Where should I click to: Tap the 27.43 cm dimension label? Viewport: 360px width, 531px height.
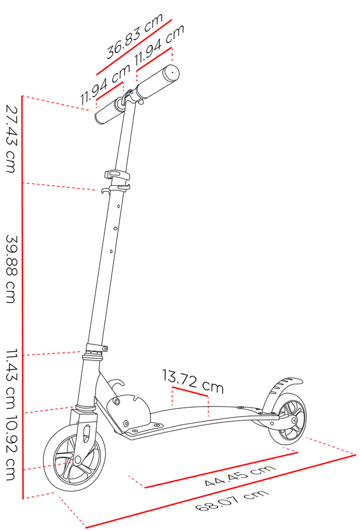[11, 139]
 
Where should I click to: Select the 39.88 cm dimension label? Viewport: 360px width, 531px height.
[11, 268]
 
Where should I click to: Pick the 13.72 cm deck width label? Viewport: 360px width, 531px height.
[193, 382]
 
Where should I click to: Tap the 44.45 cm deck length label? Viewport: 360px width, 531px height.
[240, 476]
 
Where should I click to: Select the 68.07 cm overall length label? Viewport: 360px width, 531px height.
[233, 500]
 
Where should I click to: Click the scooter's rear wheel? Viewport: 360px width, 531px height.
[287, 419]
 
